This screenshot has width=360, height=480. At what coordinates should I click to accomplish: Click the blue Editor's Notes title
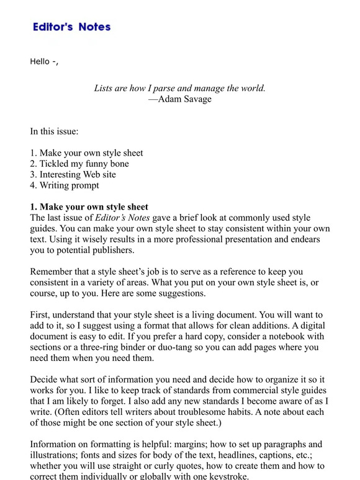tap(71, 27)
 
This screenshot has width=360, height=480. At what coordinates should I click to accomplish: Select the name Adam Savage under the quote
tap(185, 99)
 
